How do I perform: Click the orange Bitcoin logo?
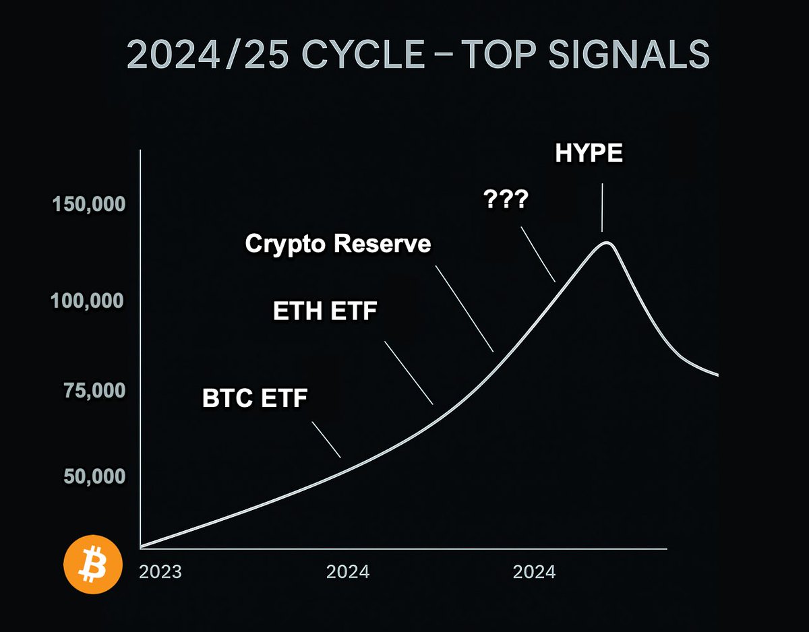pyautogui.click(x=92, y=565)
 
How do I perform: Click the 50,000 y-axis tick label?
pyautogui.click(x=95, y=476)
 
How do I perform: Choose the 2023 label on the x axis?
pyautogui.click(x=160, y=572)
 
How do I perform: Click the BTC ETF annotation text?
pyautogui.click(x=255, y=399)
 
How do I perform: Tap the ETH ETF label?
pyautogui.click(x=325, y=312)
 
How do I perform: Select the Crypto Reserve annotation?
pyautogui.click(x=338, y=243)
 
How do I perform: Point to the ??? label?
pyautogui.click(x=506, y=201)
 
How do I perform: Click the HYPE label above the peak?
pyautogui.click(x=589, y=154)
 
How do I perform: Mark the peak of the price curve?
pyautogui.click(x=607, y=243)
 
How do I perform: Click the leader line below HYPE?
pyautogui.click(x=602, y=208)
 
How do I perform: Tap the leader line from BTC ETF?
pyautogui.click(x=326, y=439)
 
